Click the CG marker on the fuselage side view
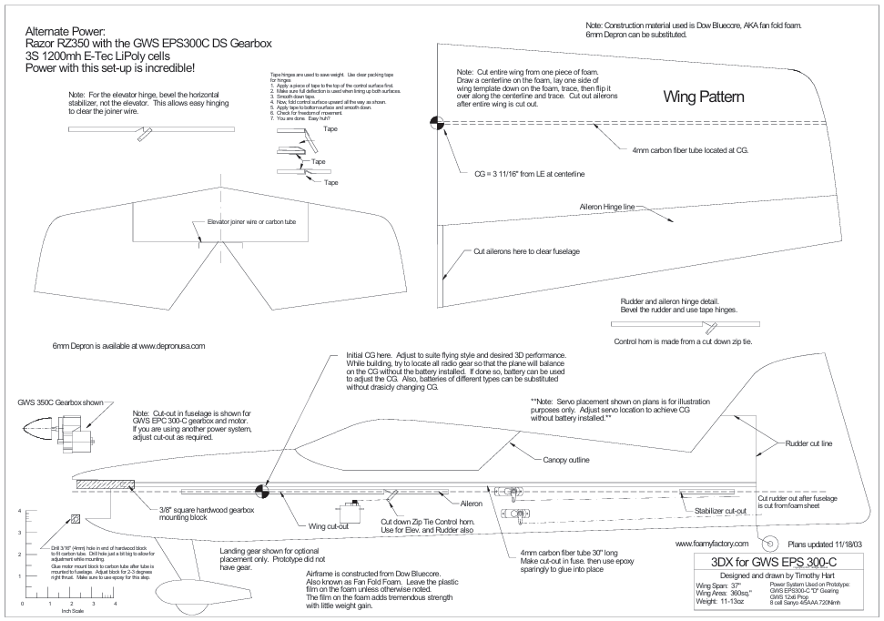(262, 491)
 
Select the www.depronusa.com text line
(130, 346)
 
